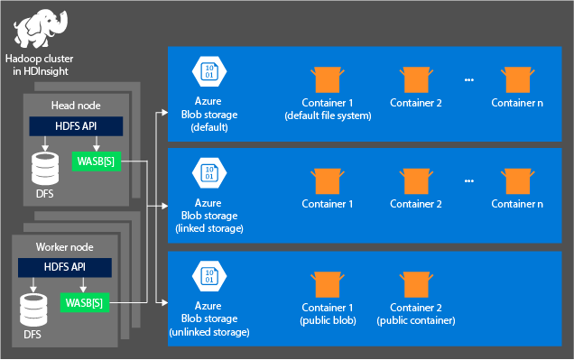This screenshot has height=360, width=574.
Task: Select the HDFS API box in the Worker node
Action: coord(65,267)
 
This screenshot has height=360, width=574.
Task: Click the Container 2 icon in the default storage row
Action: coord(415,78)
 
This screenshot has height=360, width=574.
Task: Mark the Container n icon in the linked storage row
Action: coord(517,180)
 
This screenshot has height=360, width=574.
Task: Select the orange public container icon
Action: coord(415,284)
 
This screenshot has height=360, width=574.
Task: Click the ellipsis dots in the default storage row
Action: coord(468,80)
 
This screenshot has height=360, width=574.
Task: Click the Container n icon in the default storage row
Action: coord(517,78)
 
